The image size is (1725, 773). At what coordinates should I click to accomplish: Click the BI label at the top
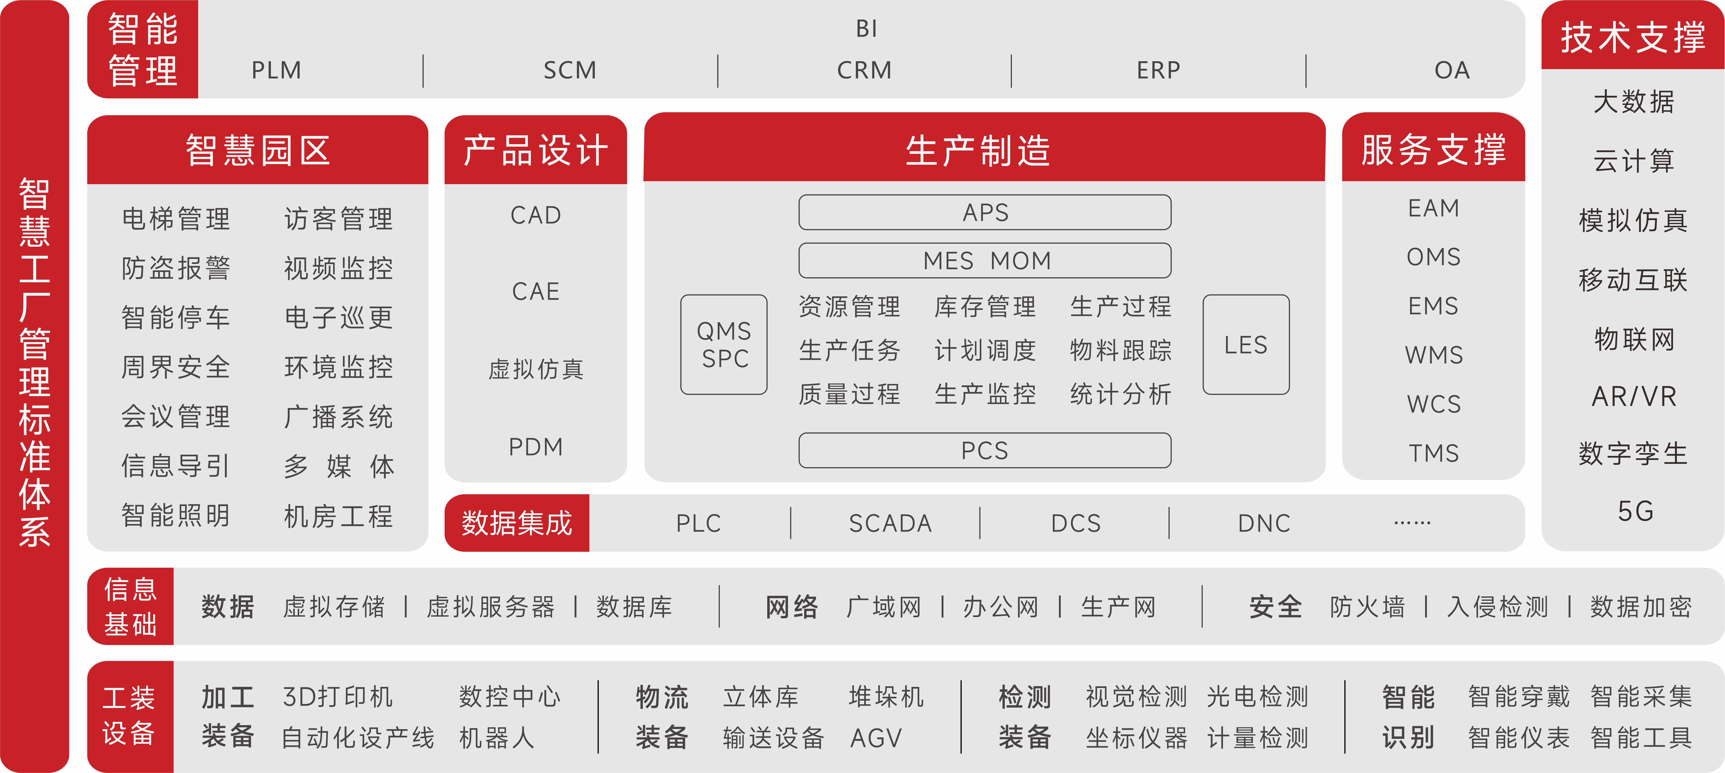click(866, 29)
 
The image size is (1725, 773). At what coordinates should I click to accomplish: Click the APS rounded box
click(985, 212)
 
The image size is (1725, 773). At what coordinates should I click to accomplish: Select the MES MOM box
click(985, 261)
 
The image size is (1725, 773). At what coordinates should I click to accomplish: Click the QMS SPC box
click(724, 344)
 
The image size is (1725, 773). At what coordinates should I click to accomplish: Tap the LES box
click(1246, 344)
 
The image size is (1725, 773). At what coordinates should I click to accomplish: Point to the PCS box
click(985, 450)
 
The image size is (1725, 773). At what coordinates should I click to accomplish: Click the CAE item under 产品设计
click(536, 291)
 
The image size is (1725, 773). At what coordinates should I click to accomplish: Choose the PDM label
click(536, 447)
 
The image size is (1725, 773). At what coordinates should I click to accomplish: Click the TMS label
click(1434, 454)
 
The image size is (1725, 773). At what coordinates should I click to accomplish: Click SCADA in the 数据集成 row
click(890, 523)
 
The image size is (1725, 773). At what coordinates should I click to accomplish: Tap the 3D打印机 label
click(338, 697)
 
